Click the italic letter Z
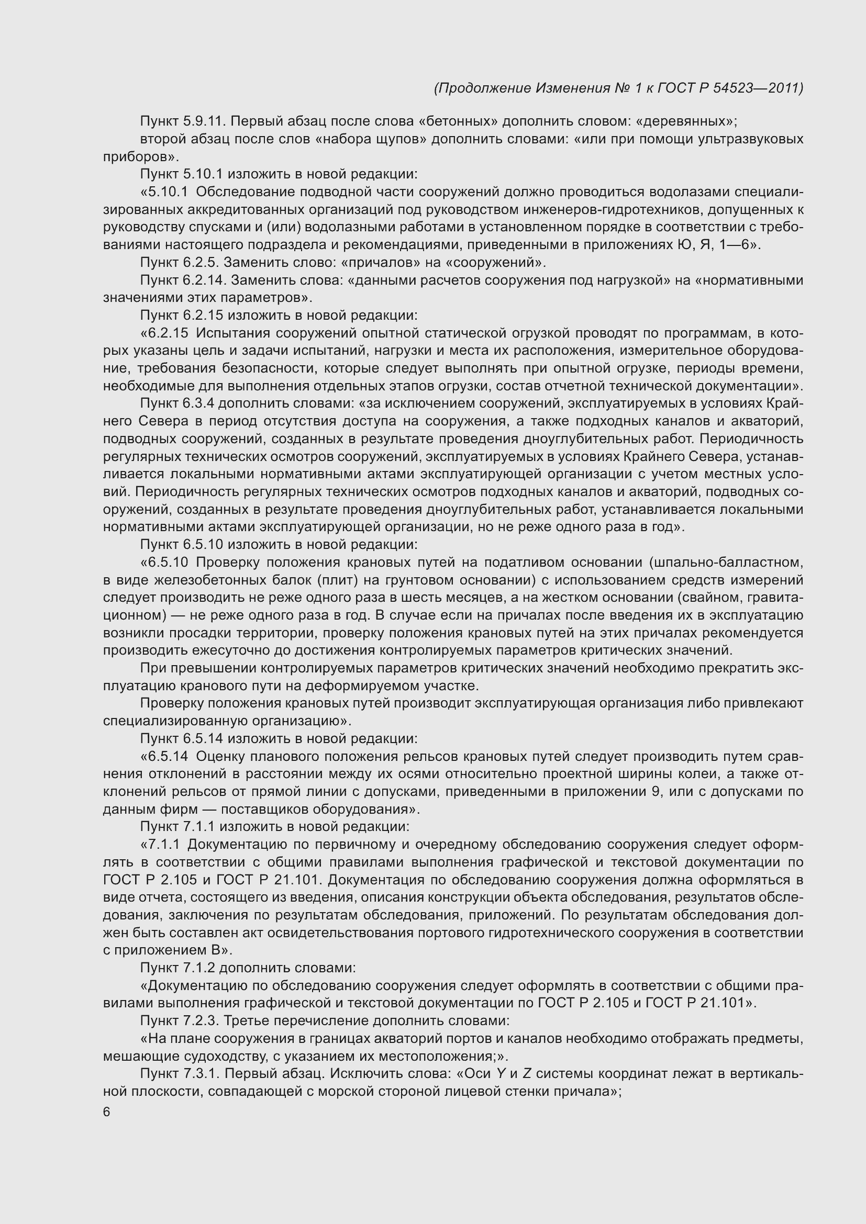pos(527,1074)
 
